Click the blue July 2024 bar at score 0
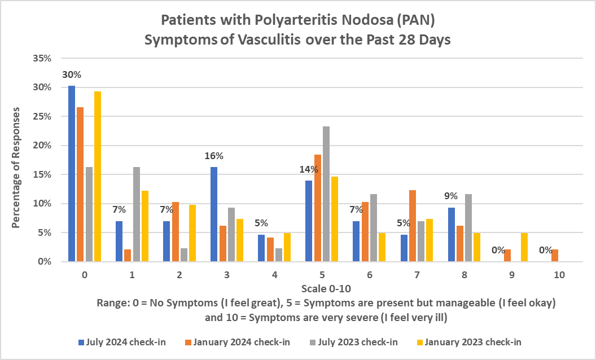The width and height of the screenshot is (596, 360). pos(72,174)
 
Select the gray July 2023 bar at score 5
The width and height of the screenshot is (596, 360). pos(326,194)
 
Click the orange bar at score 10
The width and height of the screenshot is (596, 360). pos(554,256)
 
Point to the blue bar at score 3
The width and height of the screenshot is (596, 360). pos(214,214)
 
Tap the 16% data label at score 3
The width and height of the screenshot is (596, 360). pos(214,156)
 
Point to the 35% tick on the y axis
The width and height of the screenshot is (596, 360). pos(43,59)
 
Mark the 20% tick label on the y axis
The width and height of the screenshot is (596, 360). pos(43,146)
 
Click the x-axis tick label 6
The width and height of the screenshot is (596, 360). pos(369,275)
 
